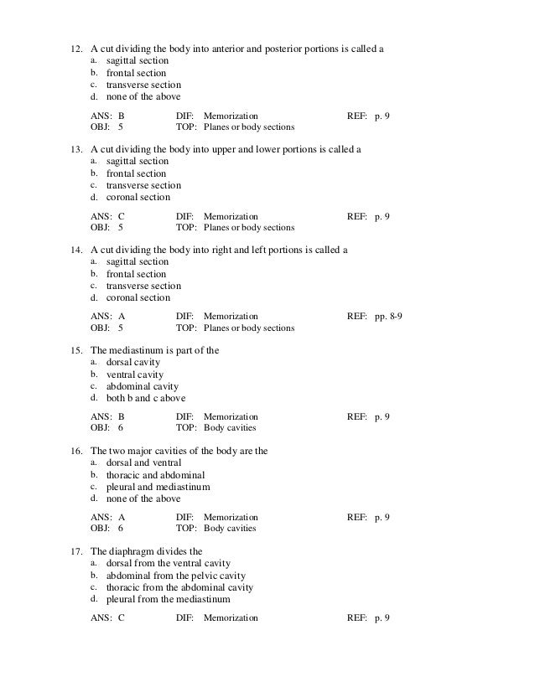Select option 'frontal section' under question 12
136,73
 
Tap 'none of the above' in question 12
143,97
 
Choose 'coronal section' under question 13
138,198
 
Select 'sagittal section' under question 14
137,261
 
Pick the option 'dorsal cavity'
132,362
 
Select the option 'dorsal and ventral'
143,462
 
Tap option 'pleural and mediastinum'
158,487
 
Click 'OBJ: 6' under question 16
106,529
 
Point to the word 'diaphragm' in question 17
133,551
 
